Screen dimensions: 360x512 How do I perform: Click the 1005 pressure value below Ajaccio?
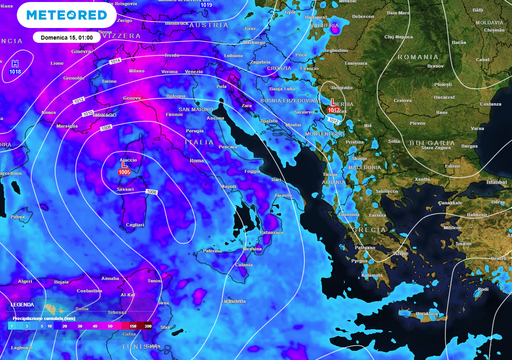[x=125, y=175]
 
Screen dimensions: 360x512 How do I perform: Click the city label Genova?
[x=132, y=98]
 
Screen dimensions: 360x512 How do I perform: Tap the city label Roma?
[x=196, y=160]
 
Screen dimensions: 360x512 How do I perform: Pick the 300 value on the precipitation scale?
[x=148, y=327]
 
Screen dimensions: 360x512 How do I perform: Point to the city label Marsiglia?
[x=67, y=127]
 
